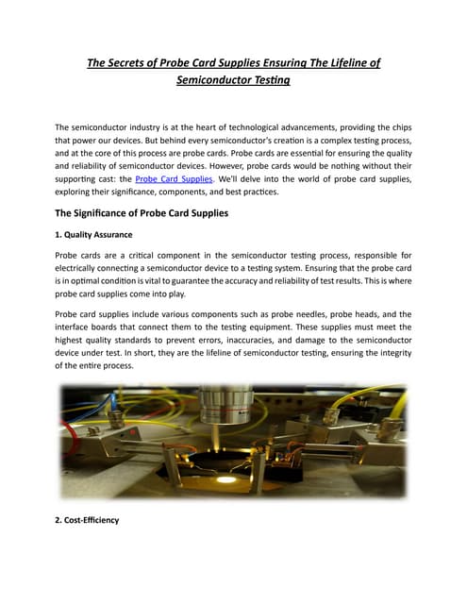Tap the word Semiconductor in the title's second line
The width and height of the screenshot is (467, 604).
pos(212,82)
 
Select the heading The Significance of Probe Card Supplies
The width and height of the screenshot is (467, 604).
pos(142,212)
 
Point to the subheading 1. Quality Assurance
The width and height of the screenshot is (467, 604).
pos(93,235)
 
